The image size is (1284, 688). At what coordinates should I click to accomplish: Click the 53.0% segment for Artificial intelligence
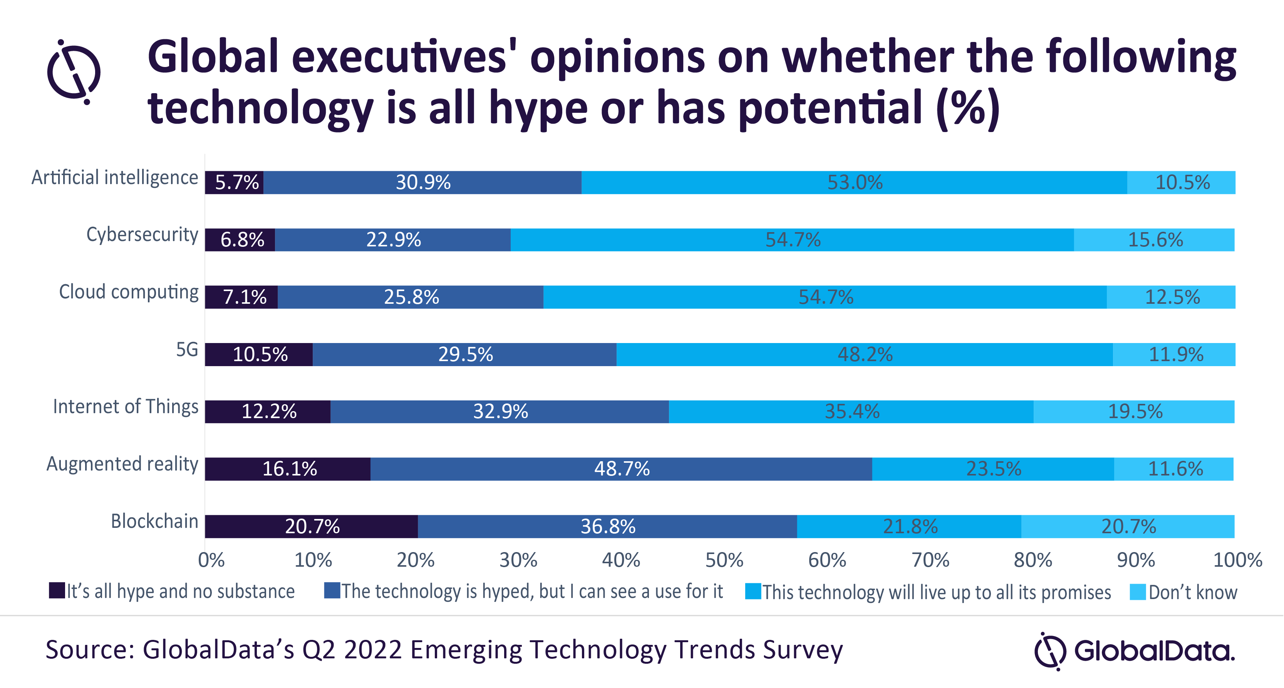(854, 182)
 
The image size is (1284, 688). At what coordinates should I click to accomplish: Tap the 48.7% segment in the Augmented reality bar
(621, 469)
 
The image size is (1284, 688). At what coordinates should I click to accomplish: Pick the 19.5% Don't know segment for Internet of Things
(1134, 412)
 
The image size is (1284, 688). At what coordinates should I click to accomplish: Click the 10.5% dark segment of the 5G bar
(259, 354)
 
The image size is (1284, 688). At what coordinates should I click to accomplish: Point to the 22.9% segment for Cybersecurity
(393, 239)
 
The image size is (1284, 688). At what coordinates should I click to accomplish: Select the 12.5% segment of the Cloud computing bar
(1171, 297)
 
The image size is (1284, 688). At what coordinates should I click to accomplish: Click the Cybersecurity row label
(142, 234)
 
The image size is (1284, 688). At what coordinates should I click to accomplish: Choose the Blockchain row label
(154, 521)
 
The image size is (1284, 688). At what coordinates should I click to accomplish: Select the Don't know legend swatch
(1137, 591)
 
